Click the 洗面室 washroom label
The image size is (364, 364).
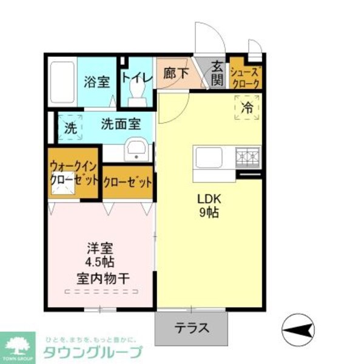[x=121, y=124]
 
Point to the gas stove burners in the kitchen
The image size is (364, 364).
[x=248, y=157]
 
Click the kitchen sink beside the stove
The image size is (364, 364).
[x=211, y=160]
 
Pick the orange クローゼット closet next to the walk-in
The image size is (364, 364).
[x=127, y=181]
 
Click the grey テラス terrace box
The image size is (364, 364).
[x=192, y=328]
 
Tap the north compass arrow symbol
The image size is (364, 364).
[x=299, y=330]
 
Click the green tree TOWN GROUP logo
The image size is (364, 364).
[x=18, y=347]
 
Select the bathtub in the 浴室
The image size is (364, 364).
[x=62, y=82]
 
